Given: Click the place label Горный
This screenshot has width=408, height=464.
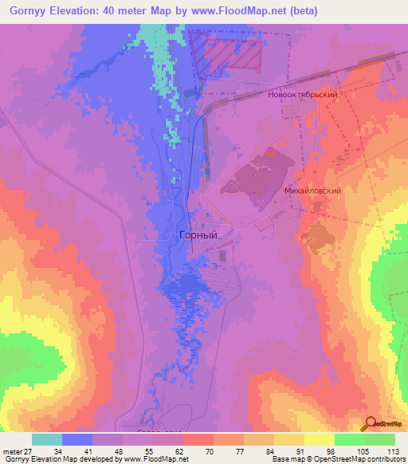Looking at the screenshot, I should point(195,235).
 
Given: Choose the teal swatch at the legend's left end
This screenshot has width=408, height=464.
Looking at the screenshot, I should point(46,439).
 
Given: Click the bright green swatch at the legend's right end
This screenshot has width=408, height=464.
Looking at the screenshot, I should point(380,439).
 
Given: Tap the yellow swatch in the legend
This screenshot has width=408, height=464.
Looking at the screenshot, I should point(319,439).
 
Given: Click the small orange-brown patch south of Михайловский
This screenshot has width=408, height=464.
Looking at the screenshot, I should point(317,235).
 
